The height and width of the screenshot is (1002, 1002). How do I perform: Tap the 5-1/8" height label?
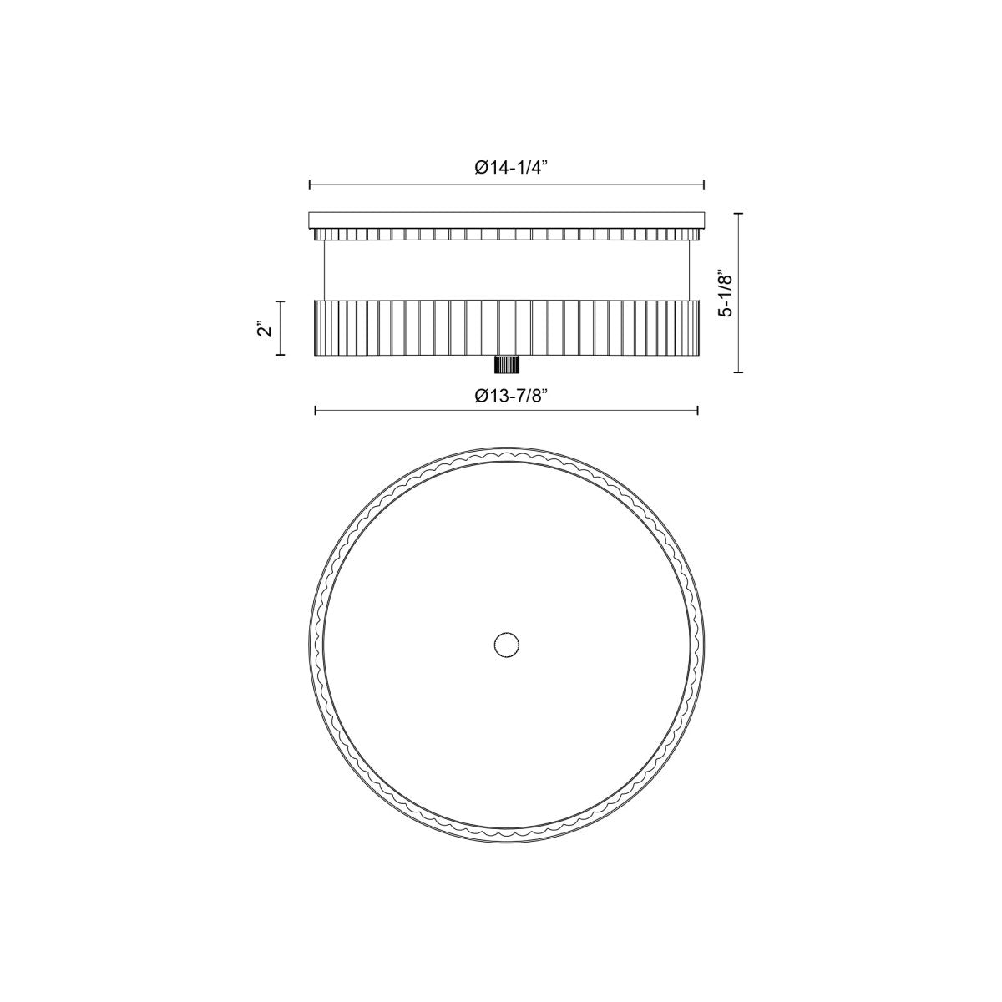point(725,293)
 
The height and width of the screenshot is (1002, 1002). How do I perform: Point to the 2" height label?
point(266,328)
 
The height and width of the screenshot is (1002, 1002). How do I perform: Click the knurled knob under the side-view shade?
point(507,365)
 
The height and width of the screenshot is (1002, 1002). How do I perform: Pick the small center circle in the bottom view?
point(507,645)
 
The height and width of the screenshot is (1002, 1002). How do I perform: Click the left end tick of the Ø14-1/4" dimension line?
point(311,185)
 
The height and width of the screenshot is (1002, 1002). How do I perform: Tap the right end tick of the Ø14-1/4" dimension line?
point(704,185)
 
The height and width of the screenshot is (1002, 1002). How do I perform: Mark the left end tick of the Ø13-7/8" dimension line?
point(316,412)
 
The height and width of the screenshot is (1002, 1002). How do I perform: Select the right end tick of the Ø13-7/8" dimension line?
point(697,412)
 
